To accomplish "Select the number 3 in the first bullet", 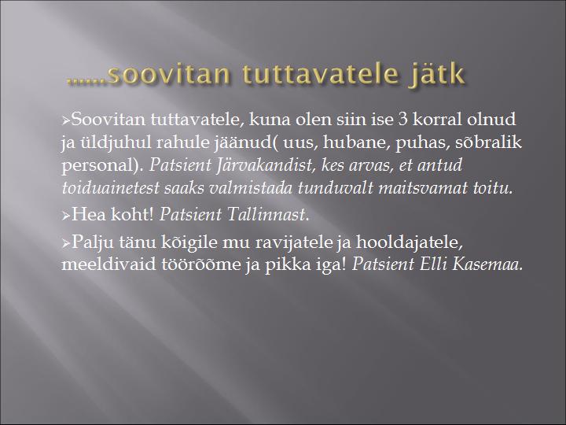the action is pyautogui.click(x=402, y=120).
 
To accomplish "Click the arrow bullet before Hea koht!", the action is pyautogui.click(x=66, y=216).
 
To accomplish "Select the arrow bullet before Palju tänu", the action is pyautogui.click(x=66, y=243).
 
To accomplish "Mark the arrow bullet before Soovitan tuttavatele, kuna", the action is pyautogui.click(x=66, y=120).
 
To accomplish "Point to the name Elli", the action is pyautogui.click(x=433, y=264).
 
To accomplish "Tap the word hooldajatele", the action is pyautogui.click(x=409, y=242).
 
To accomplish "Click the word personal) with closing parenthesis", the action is pyautogui.click(x=103, y=166).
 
